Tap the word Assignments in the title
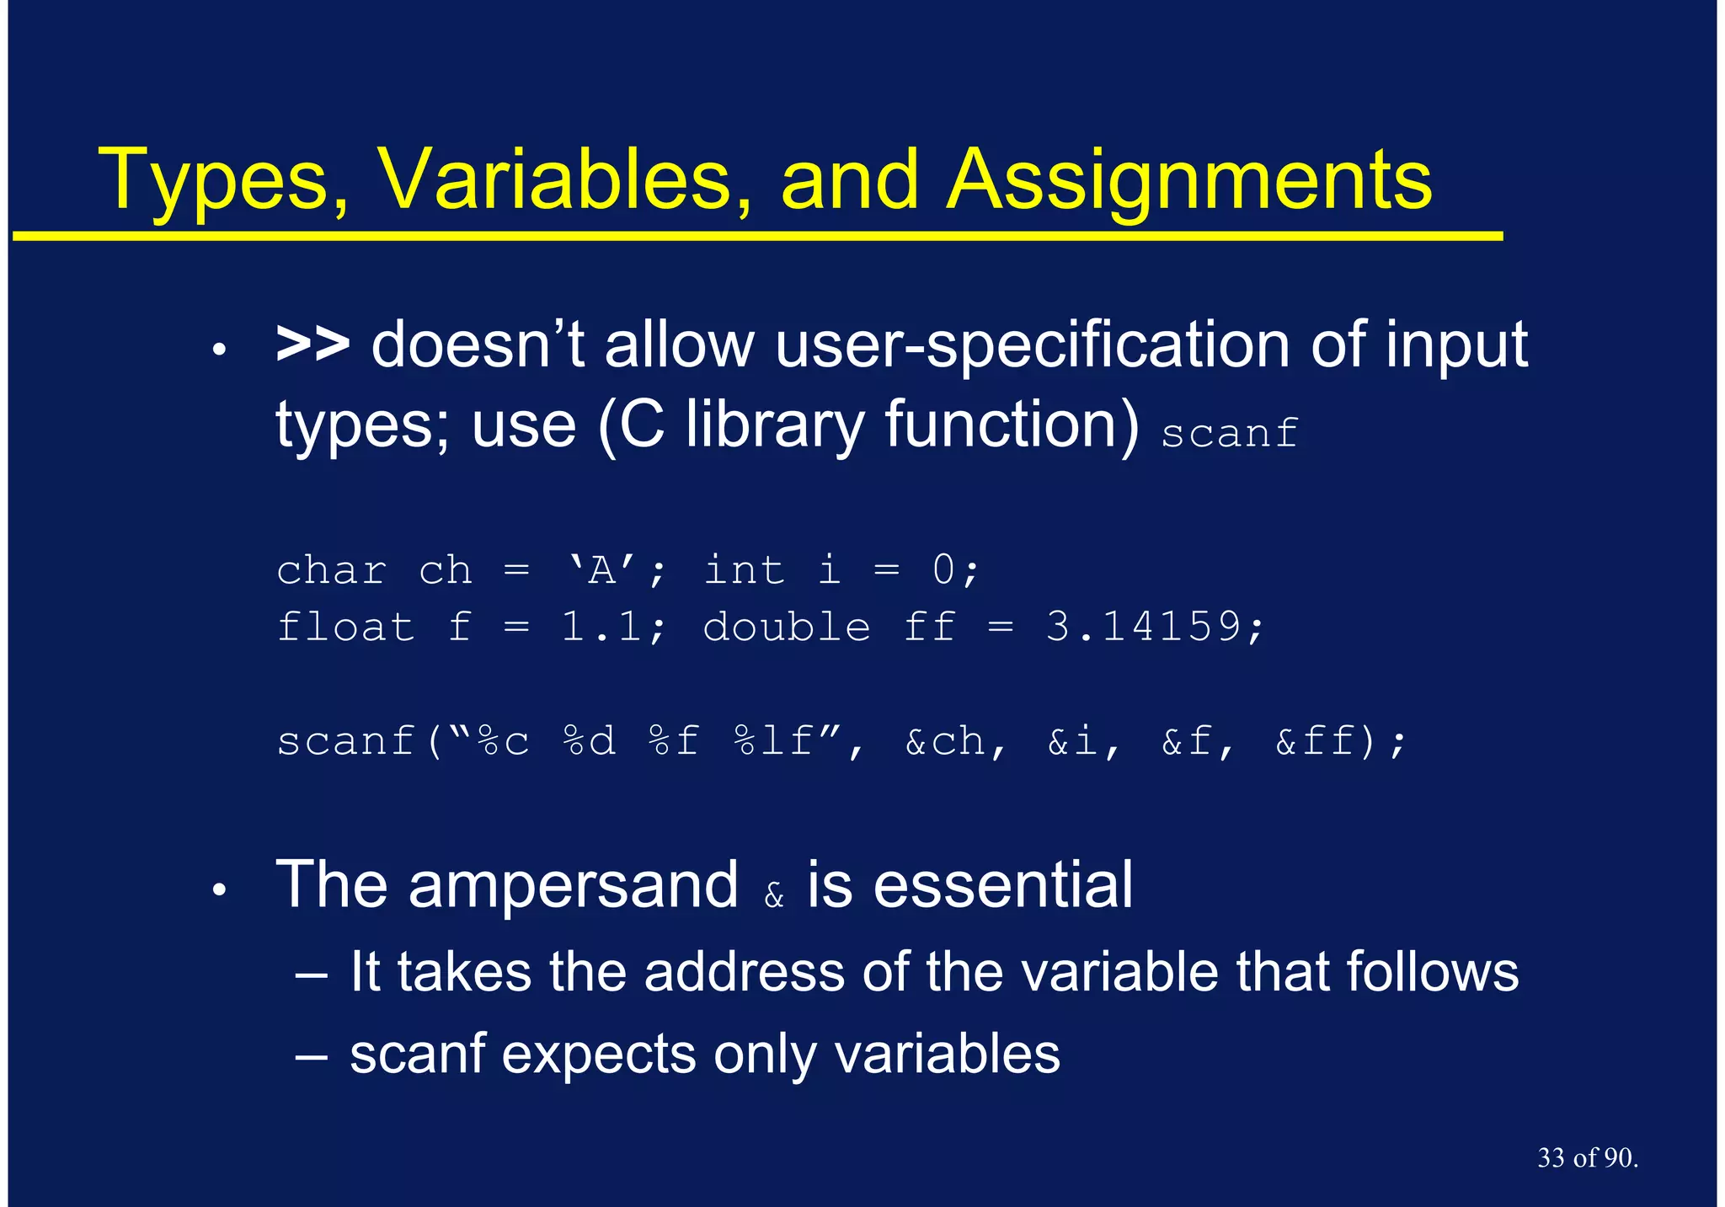[x=1188, y=181]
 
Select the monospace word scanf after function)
[x=1229, y=433]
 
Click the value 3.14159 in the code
[x=1144, y=627]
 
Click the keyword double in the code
[x=786, y=627]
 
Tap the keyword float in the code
[x=345, y=627]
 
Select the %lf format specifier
[x=774, y=741]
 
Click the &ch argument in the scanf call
[x=944, y=741]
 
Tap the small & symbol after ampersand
[x=773, y=896]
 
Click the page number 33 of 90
[x=1587, y=1158]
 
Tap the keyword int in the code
[x=744, y=570]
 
